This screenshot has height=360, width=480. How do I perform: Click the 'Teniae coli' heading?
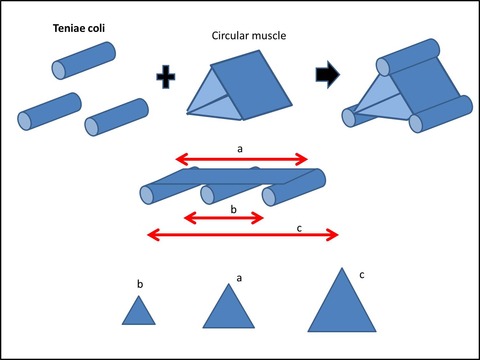[x=79, y=28]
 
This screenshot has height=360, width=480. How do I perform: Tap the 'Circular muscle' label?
[x=249, y=36]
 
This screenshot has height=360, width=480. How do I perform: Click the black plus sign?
[x=166, y=77]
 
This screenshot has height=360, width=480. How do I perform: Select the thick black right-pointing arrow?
[x=328, y=75]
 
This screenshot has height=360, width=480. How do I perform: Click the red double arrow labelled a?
[x=242, y=160]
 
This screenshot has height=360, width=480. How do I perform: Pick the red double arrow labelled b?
[x=224, y=218]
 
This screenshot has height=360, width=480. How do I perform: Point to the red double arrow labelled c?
[x=243, y=235]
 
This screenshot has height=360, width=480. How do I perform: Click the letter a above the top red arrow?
[x=240, y=149]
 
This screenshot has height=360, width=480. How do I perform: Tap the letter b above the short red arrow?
[x=234, y=209]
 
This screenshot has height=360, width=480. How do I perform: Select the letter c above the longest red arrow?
[x=299, y=228]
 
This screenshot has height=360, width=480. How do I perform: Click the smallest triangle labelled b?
[x=139, y=310]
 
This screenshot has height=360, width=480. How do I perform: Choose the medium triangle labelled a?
[x=229, y=306]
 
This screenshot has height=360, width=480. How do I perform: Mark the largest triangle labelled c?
[x=342, y=300]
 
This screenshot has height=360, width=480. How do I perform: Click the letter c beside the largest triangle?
[x=362, y=275]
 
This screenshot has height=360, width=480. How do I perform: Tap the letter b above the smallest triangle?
[x=140, y=284]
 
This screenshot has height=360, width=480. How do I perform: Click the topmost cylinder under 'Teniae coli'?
[x=84, y=61]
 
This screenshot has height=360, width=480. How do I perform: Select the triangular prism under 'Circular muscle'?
[x=239, y=85]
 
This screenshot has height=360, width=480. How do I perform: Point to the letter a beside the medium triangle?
[x=239, y=278]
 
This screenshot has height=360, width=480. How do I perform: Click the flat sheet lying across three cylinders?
[x=233, y=176]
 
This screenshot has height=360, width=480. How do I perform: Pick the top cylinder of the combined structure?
[x=408, y=57]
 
